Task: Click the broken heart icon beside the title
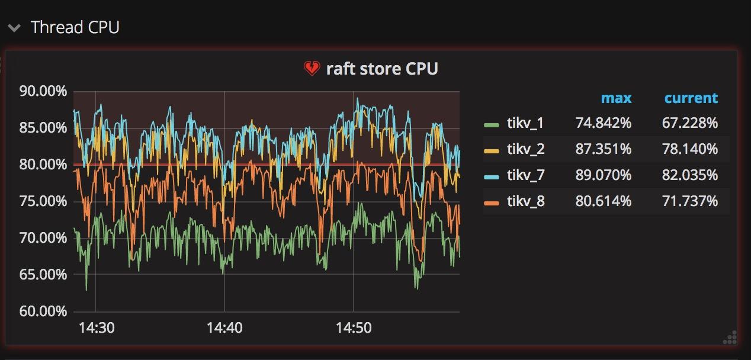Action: (x=312, y=69)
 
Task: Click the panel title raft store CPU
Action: (x=382, y=69)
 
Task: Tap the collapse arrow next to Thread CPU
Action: (x=15, y=27)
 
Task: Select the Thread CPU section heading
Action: (x=75, y=27)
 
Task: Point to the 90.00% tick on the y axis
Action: (x=43, y=91)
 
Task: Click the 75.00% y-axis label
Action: (x=43, y=201)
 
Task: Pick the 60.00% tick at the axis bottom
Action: (x=43, y=311)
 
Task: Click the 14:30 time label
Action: (x=97, y=327)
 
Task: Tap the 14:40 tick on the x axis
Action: (x=224, y=327)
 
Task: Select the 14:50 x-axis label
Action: (x=354, y=327)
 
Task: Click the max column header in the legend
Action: (x=616, y=98)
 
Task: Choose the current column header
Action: (x=691, y=98)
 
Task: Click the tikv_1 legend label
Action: (x=525, y=123)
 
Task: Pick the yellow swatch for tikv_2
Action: (x=492, y=150)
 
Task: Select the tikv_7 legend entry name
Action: (x=525, y=175)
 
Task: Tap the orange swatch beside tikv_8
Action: (x=492, y=202)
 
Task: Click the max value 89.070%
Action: (x=603, y=175)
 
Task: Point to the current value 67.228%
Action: (x=689, y=123)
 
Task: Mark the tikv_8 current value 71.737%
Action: (x=689, y=201)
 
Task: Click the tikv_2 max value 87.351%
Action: (x=603, y=149)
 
